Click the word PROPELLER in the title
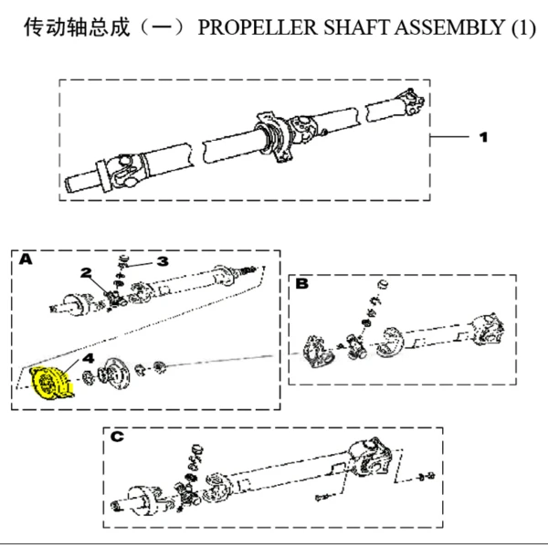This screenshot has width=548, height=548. (258, 27)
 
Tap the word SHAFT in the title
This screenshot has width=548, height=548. (357, 27)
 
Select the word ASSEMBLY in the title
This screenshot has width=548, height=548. (451, 27)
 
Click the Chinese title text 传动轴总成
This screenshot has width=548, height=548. (77, 27)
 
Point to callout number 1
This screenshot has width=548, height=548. (483, 137)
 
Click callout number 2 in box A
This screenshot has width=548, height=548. (86, 272)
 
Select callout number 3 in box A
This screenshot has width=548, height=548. (163, 261)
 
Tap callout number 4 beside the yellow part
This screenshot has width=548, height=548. (89, 358)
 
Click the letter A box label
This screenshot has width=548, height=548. (26, 259)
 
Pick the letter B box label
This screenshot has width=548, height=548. (302, 283)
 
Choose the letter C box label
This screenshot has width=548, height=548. (117, 437)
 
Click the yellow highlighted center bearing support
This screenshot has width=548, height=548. (51, 383)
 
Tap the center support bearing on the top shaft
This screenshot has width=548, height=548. (274, 137)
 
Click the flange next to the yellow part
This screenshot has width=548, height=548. (114, 374)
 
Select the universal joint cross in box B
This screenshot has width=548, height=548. (356, 347)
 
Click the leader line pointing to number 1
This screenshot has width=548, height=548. (449, 137)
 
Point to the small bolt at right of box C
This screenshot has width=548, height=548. (427, 476)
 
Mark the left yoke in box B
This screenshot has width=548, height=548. (317, 353)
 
